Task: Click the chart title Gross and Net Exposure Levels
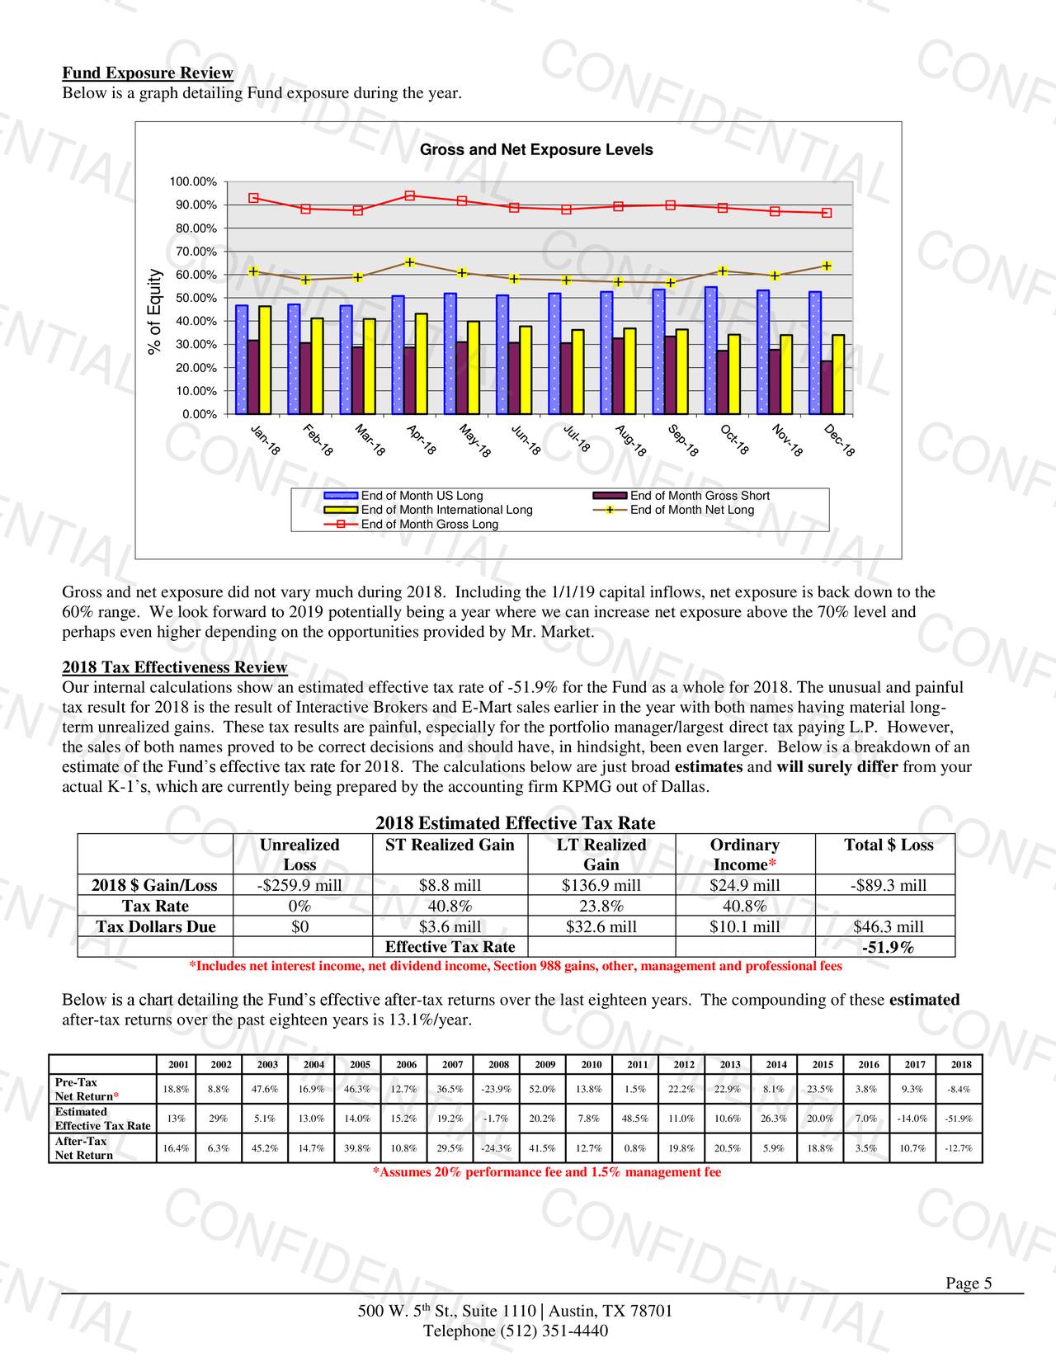536,150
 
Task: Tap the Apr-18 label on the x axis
421,440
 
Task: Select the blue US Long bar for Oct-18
710,351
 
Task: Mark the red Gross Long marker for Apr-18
410,195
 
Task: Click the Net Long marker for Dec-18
827,266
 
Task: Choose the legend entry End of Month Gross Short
700,496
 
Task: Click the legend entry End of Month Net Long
691,510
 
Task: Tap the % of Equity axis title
153,313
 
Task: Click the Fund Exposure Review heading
148,73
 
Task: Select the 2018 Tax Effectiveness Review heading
175,667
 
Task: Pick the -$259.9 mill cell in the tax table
299,885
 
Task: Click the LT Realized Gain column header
601,855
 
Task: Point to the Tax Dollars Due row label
156,926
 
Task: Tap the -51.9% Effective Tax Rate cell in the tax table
888,947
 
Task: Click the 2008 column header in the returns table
498,1064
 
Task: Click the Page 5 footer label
968,1283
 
